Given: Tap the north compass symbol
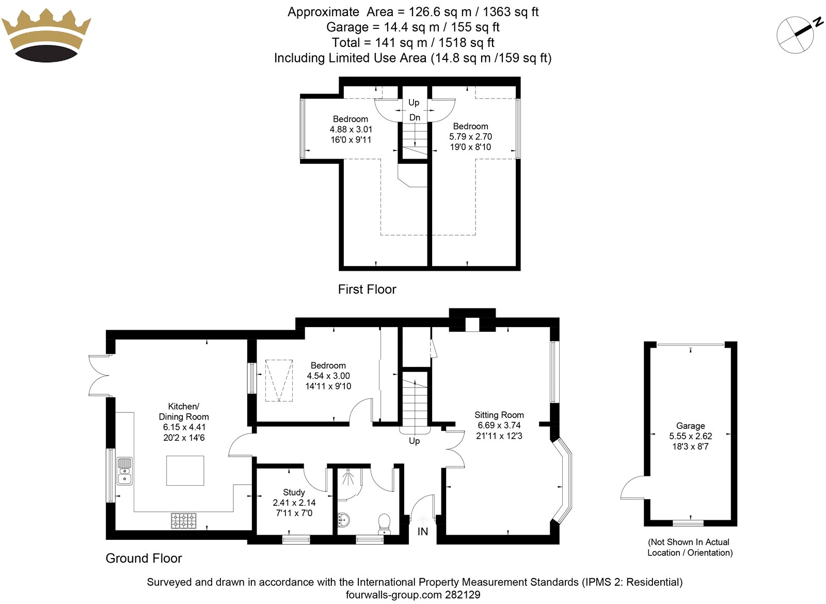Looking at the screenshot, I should point(796,35).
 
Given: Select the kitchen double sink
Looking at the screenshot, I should point(124,471).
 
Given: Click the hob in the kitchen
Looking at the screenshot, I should point(184,520).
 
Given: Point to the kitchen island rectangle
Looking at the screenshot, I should point(185,470).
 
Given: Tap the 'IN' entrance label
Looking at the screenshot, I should point(422,532).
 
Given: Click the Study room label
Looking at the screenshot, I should point(294,492).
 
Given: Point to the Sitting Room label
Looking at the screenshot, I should point(499,415).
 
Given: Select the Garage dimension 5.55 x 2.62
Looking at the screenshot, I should point(690,436).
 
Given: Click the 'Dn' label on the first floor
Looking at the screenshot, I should point(415,118).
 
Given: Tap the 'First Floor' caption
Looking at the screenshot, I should point(367,289).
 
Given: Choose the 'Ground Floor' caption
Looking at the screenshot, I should point(144,559).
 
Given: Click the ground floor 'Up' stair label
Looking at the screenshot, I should point(414,441).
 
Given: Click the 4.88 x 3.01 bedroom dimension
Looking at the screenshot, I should point(351,130).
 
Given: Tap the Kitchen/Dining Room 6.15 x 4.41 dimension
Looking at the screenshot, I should point(184,427).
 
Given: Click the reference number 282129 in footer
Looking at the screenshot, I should point(462,595).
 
